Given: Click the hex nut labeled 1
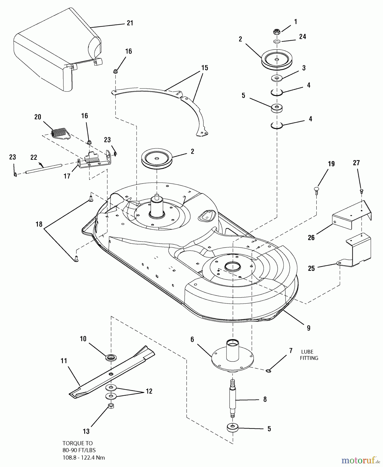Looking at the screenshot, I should (x=277, y=32).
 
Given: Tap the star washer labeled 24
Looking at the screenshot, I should (x=277, y=41).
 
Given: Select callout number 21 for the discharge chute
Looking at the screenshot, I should (x=130, y=23).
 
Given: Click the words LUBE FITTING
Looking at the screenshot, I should (x=309, y=355).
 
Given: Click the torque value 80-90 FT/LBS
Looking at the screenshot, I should (x=79, y=450).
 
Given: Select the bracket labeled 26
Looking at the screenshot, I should (x=352, y=214).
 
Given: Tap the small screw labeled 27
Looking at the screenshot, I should (x=361, y=191).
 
